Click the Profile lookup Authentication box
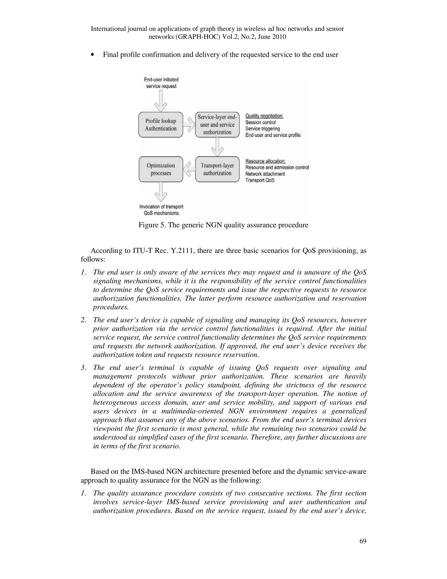click(x=161, y=125)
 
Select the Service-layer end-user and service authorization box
click(x=217, y=125)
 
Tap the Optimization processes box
click(x=161, y=169)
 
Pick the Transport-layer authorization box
click(x=217, y=169)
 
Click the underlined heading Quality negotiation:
click(x=264, y=116)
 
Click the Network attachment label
click(x=265, y=174)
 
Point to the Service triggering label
click(x=262, y=128)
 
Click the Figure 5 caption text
click(x=223, y=225)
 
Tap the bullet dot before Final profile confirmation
click(x=92, y=55)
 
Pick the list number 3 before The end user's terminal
click(x=83, y=368)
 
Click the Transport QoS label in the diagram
click(x=260, y=180)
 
